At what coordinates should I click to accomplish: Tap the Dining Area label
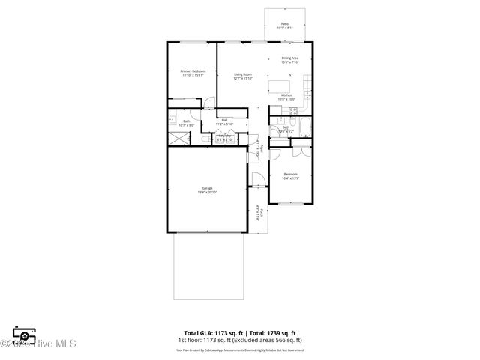(290, 60)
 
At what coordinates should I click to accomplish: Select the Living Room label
(242, 76)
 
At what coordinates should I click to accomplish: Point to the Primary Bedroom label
(193, 73)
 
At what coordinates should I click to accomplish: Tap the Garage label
(207, 190)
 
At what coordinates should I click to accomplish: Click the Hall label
(224, 121)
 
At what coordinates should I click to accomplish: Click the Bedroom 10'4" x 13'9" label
(290, 177)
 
